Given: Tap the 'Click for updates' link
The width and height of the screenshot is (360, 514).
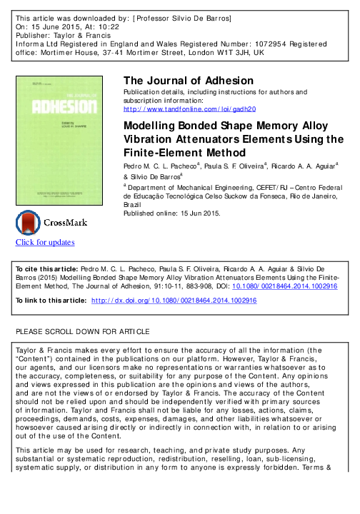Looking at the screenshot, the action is [x=45, y=242].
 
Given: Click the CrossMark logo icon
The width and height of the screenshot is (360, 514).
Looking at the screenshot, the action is [x=51, y=222].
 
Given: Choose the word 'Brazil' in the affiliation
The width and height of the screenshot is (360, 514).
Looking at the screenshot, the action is [x=134, y=203].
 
